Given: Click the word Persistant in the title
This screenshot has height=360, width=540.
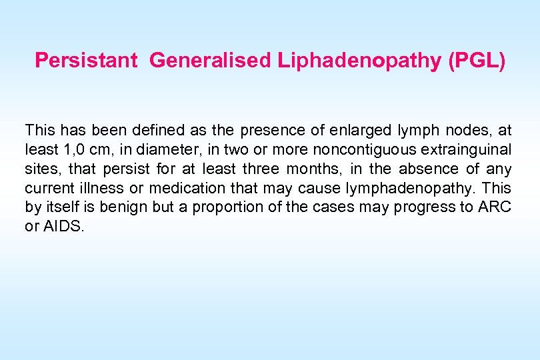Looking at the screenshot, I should click(85, 61).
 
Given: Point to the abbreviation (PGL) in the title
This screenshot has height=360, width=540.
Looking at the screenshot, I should click(477, 61).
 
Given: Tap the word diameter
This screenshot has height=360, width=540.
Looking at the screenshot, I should click(146, 149).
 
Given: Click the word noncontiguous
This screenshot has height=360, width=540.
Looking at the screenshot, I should click(341, 149).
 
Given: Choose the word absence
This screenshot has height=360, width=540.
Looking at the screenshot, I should click(428, 168).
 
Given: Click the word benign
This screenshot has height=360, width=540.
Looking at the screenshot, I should click(127, 207).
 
